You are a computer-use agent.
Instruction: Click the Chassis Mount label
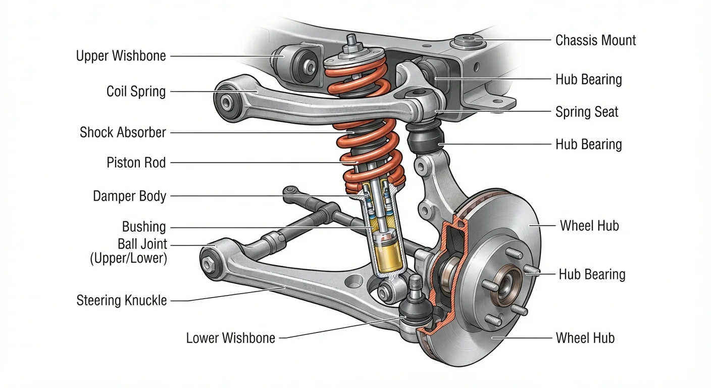pyautogui.click(x=595, y=40)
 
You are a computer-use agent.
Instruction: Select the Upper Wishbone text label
pyautogui.click(x=121, y=56)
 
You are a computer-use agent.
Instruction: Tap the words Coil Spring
pyautogui.click(x=136, y=91)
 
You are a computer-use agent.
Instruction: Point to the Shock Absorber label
pyautogui.click(x=123, y=132)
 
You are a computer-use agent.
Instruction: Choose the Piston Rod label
pyautogui.click(x=136, y=163)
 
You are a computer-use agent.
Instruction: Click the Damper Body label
pyautogui.click(x=129, y=196)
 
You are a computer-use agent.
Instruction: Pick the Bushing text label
pyautogui.click(x=144, y=227)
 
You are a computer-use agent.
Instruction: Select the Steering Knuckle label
pyautogui.click(x=122, y=301)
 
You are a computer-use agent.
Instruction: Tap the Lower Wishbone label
pyautogui.click(x=230, y=338)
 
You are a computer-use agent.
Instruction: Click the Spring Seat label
pyautogui.click(x=587, y=112)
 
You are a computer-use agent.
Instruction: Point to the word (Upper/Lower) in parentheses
pyautogui.click(x=129, y=258)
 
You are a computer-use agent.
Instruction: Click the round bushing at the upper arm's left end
pyautogui.click(x=226, y=102)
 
